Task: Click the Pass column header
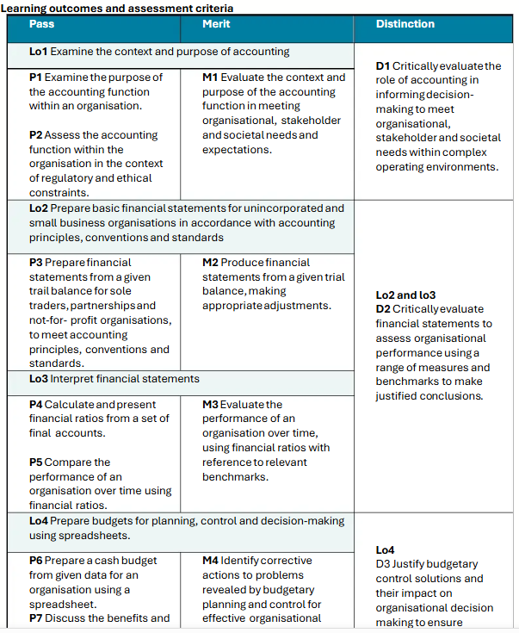point(41,24)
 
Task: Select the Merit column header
point(216,24)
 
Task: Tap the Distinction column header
point(405,24)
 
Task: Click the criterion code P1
point(35,78)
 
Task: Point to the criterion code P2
point(35,135)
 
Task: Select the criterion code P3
point(36,263)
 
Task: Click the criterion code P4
point(36,405)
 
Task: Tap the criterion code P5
point(36,462)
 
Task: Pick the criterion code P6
point(36,561)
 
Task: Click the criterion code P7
point(35,617)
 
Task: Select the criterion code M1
point(210,78)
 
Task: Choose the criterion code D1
point(383,66)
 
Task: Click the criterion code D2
point(383,309)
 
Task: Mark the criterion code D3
point(383,564)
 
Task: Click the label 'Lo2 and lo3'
point(405,295)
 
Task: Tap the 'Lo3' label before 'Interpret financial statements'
point(39,379)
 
